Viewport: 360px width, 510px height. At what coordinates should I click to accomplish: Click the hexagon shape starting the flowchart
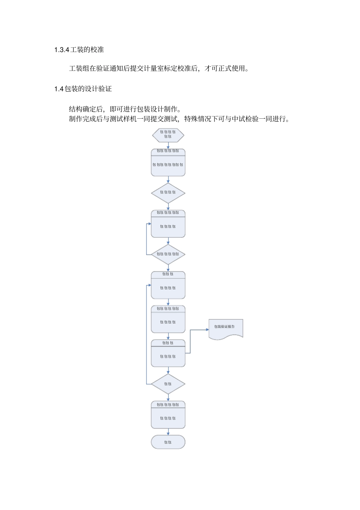[168, 135]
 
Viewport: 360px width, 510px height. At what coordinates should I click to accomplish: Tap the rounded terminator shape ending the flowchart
[168, 442]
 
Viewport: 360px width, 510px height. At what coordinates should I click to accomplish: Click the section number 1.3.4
[62, 50]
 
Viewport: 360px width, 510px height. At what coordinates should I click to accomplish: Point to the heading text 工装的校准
[87, 50]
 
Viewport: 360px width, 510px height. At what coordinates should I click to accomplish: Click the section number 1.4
[58, 89]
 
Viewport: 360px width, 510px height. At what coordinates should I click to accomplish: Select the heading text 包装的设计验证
[88, 89]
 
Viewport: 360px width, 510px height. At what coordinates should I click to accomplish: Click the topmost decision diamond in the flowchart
[168, 193]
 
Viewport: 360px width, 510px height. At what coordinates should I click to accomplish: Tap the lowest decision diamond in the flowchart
[168, 384]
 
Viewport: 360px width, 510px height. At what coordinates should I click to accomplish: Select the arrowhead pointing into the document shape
[207, 330]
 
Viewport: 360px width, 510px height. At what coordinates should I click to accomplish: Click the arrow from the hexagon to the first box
[168, 146]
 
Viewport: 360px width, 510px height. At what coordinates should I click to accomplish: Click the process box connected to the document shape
[168, 353]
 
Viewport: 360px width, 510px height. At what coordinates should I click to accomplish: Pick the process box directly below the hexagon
[168, 162]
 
